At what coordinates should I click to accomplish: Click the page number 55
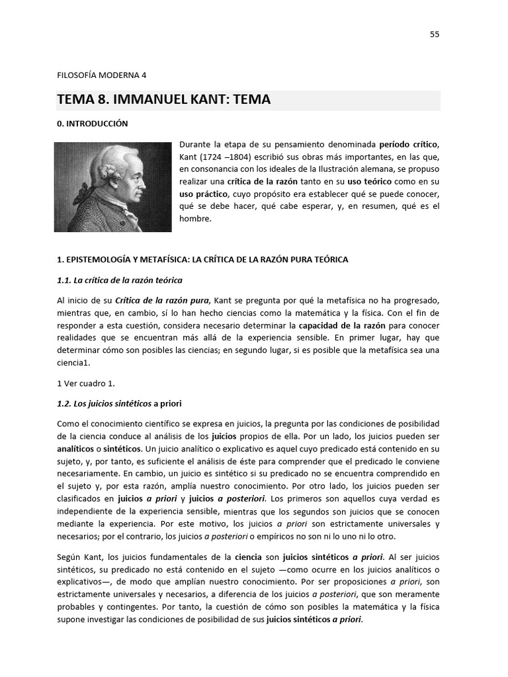pos(435,34)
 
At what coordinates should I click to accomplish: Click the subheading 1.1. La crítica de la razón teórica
pos(120,280)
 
